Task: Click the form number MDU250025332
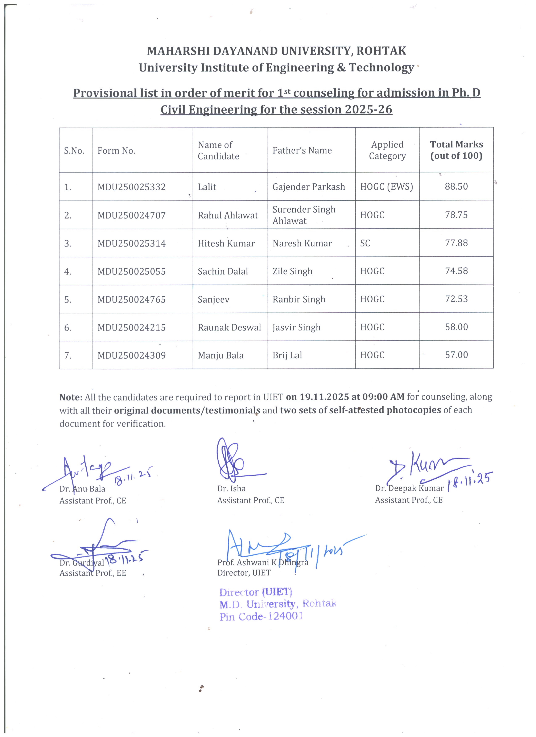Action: tap(132, 187)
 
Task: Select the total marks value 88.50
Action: tap(456, 187)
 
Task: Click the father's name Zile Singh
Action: tap(292, 271)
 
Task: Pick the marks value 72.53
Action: tap(456, 299)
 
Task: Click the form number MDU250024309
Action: tap(132, 355)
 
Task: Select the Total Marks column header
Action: tap(456, 150)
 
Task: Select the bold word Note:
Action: tap(71, 397)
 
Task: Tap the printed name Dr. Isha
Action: tap(231, 488)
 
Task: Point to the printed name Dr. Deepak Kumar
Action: tap(409, 488)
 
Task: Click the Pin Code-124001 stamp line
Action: tap(261, 616)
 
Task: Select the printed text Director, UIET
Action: tap(244, 572)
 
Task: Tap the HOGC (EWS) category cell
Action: tap(387, 187)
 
